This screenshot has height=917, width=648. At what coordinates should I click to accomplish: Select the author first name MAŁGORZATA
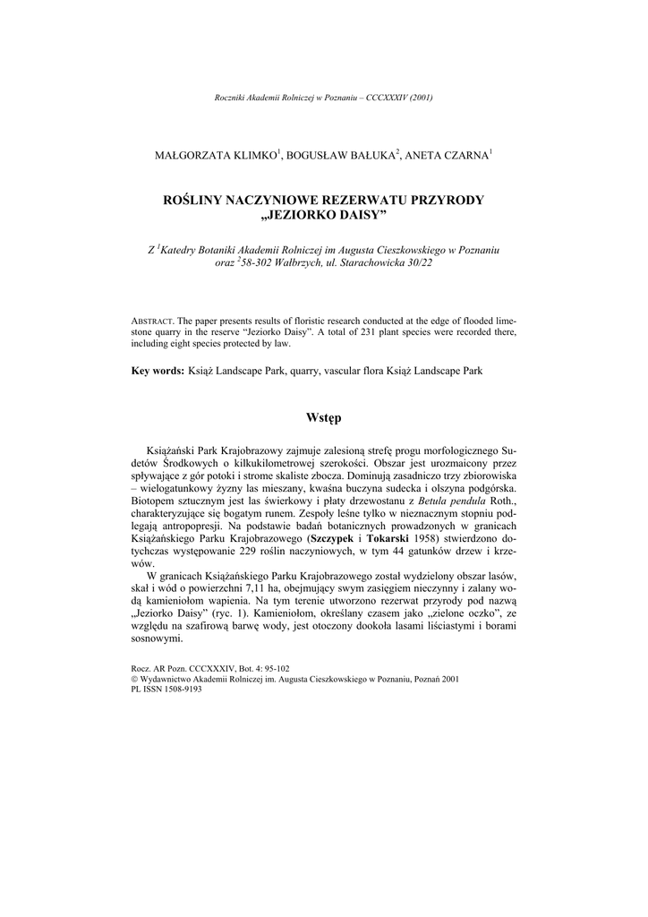(x=189, y=156)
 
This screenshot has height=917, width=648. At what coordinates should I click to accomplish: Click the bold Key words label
(x=158, y=370)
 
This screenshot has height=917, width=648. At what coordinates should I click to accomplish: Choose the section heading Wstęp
(x=323, y=417)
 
